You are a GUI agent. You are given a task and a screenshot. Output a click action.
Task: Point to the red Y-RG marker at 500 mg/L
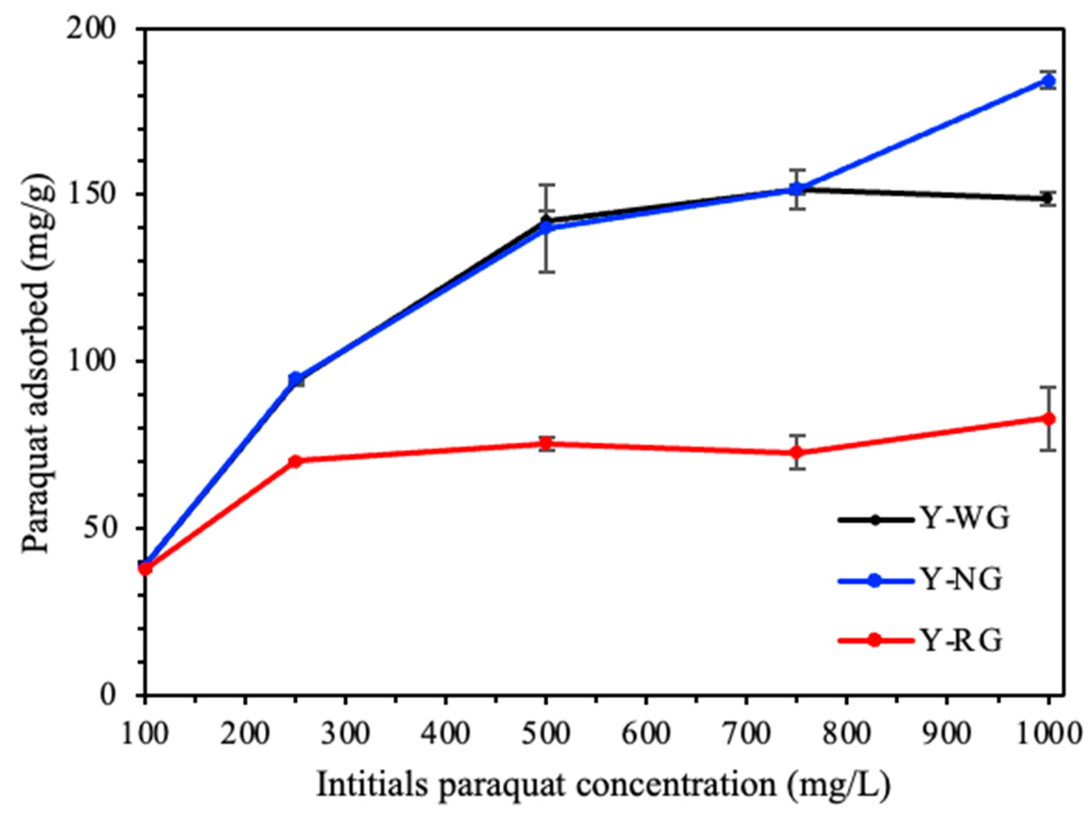[x=545, y=443]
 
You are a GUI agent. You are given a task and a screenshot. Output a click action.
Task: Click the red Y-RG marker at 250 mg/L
[x=295, y=461]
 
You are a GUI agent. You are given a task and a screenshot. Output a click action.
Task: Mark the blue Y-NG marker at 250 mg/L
[x=295, y=379]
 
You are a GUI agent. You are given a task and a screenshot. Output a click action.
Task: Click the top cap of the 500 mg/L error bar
[x=545, y=185]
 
